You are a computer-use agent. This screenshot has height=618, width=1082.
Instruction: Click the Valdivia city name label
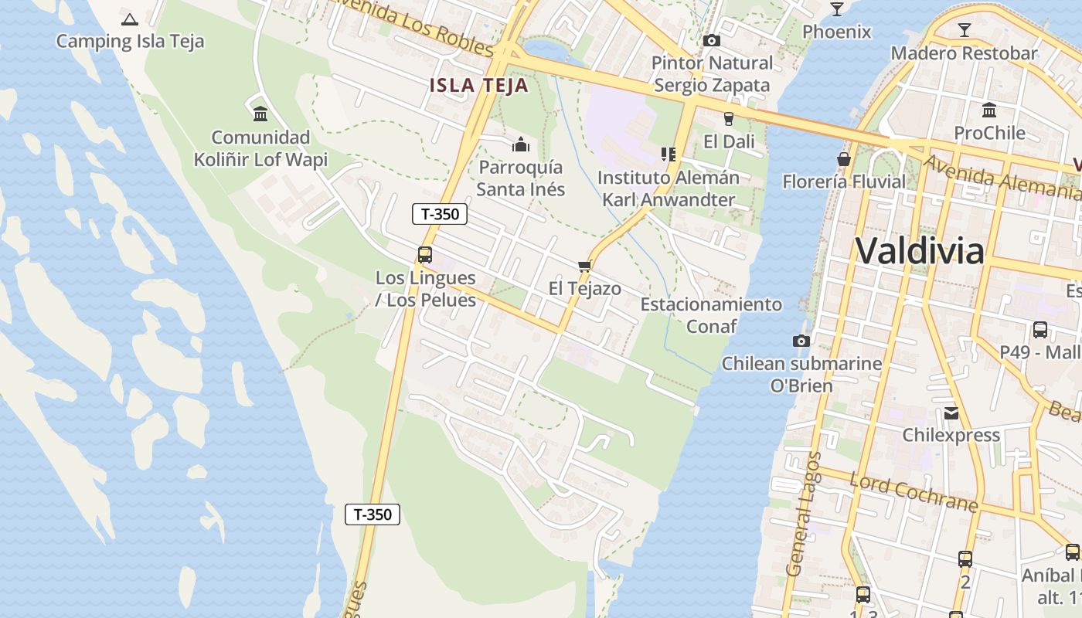pos(920,251)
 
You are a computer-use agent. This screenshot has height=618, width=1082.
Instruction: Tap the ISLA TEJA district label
pos(479,85)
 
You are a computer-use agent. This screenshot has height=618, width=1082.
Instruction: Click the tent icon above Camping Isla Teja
pos(130,19)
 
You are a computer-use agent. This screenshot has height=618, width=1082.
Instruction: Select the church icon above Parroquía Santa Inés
pos(521,145)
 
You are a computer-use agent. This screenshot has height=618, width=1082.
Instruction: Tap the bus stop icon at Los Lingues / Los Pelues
pos(424,254)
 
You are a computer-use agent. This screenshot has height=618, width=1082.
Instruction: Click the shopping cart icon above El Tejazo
pos(584,267)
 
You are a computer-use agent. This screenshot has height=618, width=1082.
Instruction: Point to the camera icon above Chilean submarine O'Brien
pos(801,341)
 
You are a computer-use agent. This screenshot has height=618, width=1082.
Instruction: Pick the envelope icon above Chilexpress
pos(951,413)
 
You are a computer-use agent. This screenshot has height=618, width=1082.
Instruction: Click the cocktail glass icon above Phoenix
pos(836,9)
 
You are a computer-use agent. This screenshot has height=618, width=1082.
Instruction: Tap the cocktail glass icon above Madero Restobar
pos(964,30)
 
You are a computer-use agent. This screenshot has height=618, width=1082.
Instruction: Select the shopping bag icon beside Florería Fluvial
pos(844,159)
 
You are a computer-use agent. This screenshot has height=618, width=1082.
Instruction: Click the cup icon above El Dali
pos(727,118)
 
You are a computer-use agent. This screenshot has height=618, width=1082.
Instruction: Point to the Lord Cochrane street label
pos(914,492)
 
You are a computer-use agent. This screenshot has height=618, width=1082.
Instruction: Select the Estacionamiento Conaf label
pos(711,315)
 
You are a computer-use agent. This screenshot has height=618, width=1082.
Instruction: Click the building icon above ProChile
pos(988,110)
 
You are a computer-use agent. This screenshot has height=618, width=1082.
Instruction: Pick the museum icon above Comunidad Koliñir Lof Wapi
pos(260,114)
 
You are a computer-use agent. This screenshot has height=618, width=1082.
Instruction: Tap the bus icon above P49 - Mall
pos(1039,330)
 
